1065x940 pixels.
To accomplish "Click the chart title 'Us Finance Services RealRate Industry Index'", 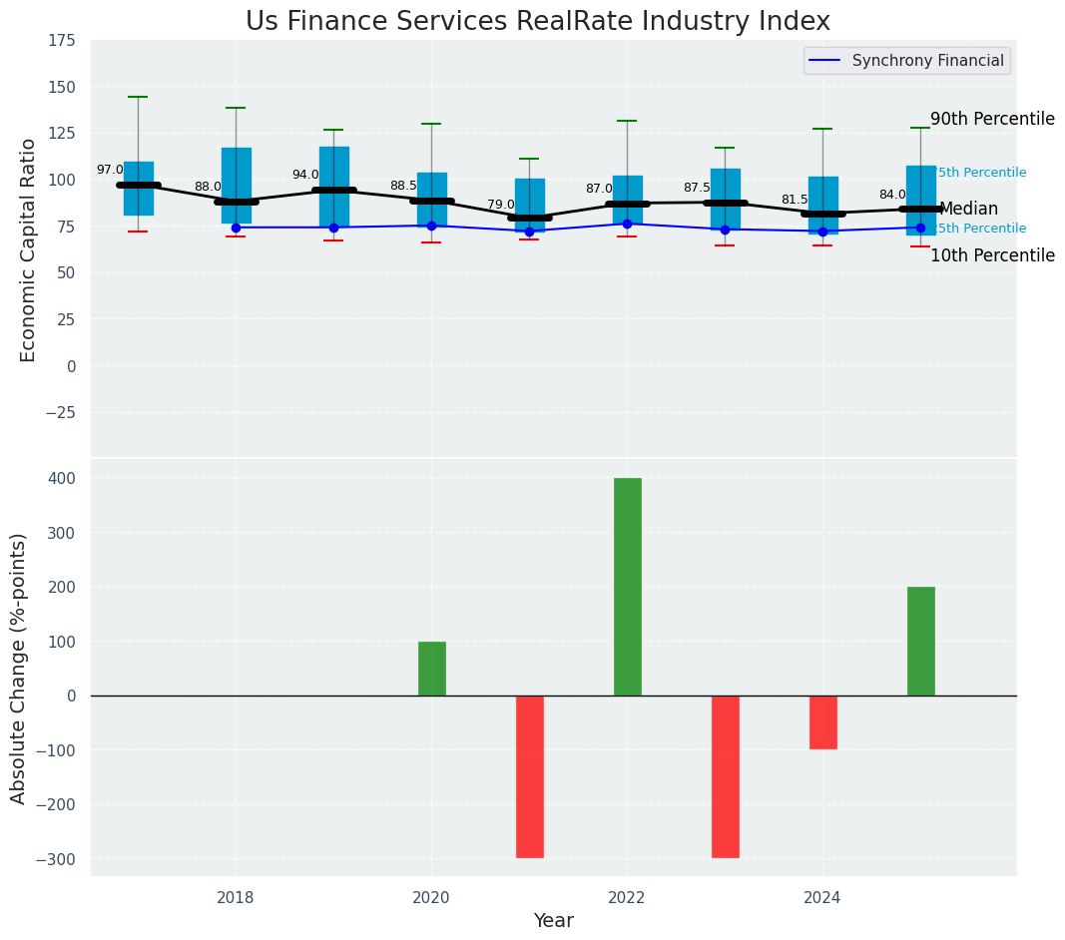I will point(537,21).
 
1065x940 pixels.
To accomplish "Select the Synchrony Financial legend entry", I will point(907,61).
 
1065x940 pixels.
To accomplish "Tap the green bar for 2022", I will point(627,586).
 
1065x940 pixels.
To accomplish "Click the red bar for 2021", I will point(529,776).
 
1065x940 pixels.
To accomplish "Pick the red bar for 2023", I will point(725,776).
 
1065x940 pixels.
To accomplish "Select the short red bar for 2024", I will point(822,722).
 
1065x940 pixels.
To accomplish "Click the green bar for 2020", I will point(431,669).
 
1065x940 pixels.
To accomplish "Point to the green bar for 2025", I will point(920,641).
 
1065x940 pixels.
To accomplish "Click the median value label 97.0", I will point(110,170).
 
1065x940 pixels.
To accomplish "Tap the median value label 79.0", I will point(501,205).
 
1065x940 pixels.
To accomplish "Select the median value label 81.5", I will point(795,200).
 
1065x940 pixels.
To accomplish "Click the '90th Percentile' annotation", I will point(992,120).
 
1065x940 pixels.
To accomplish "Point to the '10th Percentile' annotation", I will point(992,256).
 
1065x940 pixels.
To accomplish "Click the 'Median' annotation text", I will point(968,210).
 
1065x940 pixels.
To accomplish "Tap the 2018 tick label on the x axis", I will point(236,898).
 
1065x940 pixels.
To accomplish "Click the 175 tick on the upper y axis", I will point(62,41).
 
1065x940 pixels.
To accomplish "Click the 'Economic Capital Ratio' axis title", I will point(28,249).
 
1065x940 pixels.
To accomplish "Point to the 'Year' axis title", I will point(553,921).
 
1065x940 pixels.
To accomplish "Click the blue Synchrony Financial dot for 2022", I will point(627,224).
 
